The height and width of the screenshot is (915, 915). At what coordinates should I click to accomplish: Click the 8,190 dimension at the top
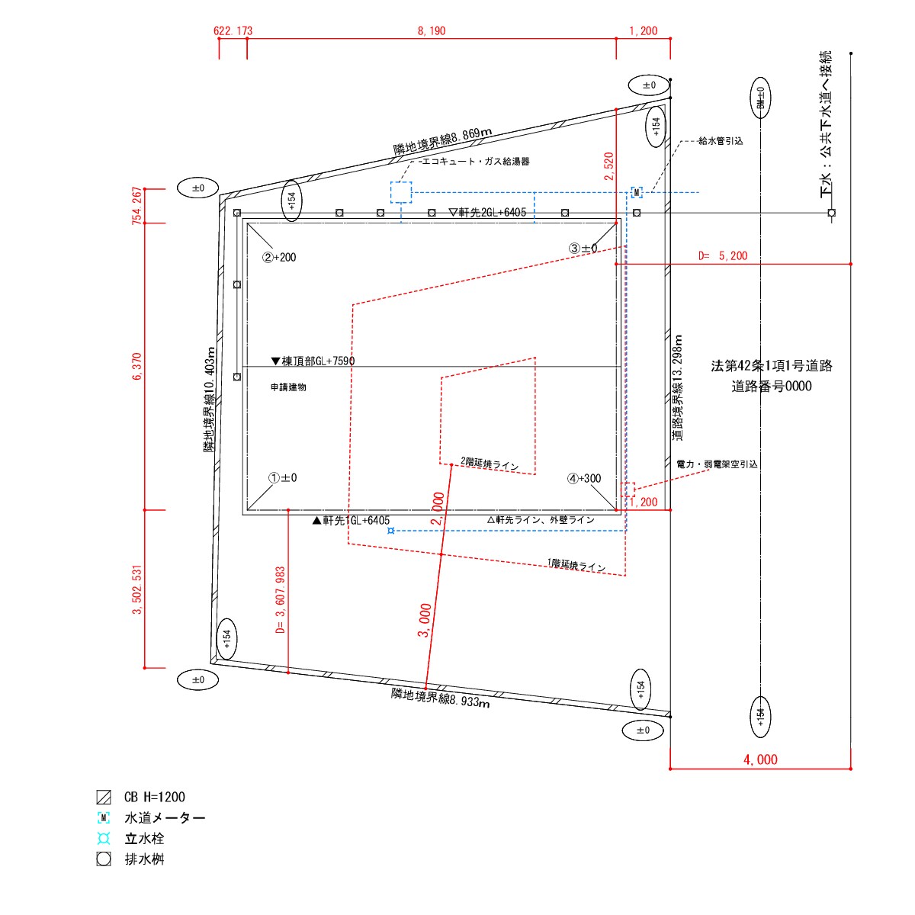tap(431, 30)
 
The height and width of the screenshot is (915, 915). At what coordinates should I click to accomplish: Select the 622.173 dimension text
tap(233, 30)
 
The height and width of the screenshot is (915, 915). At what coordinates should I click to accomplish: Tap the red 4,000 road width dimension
tap(760, 759)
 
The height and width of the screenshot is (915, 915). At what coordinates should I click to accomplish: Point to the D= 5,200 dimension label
tap(723, 256)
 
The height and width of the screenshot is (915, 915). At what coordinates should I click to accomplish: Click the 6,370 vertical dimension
tap(136, 366)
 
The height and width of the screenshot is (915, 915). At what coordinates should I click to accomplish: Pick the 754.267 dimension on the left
tap(136, 206)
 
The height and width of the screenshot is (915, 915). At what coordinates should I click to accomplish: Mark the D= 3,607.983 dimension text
tap(280, 600)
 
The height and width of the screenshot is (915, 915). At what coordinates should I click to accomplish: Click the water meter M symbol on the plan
tap(636, 192)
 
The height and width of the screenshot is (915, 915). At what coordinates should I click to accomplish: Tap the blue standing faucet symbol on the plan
tap(391, 531)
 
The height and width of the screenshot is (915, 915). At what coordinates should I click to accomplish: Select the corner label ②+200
tap(279, 258)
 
